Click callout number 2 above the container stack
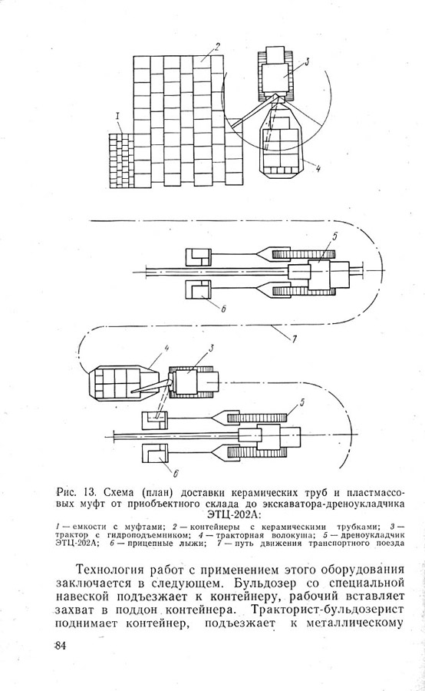216,47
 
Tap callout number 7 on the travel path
293,339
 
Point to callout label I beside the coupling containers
117,117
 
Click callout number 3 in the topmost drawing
306,61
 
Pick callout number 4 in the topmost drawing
318,168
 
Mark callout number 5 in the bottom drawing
302,402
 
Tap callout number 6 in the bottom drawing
175,474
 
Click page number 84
60,646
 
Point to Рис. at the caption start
68,491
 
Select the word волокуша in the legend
284,535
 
